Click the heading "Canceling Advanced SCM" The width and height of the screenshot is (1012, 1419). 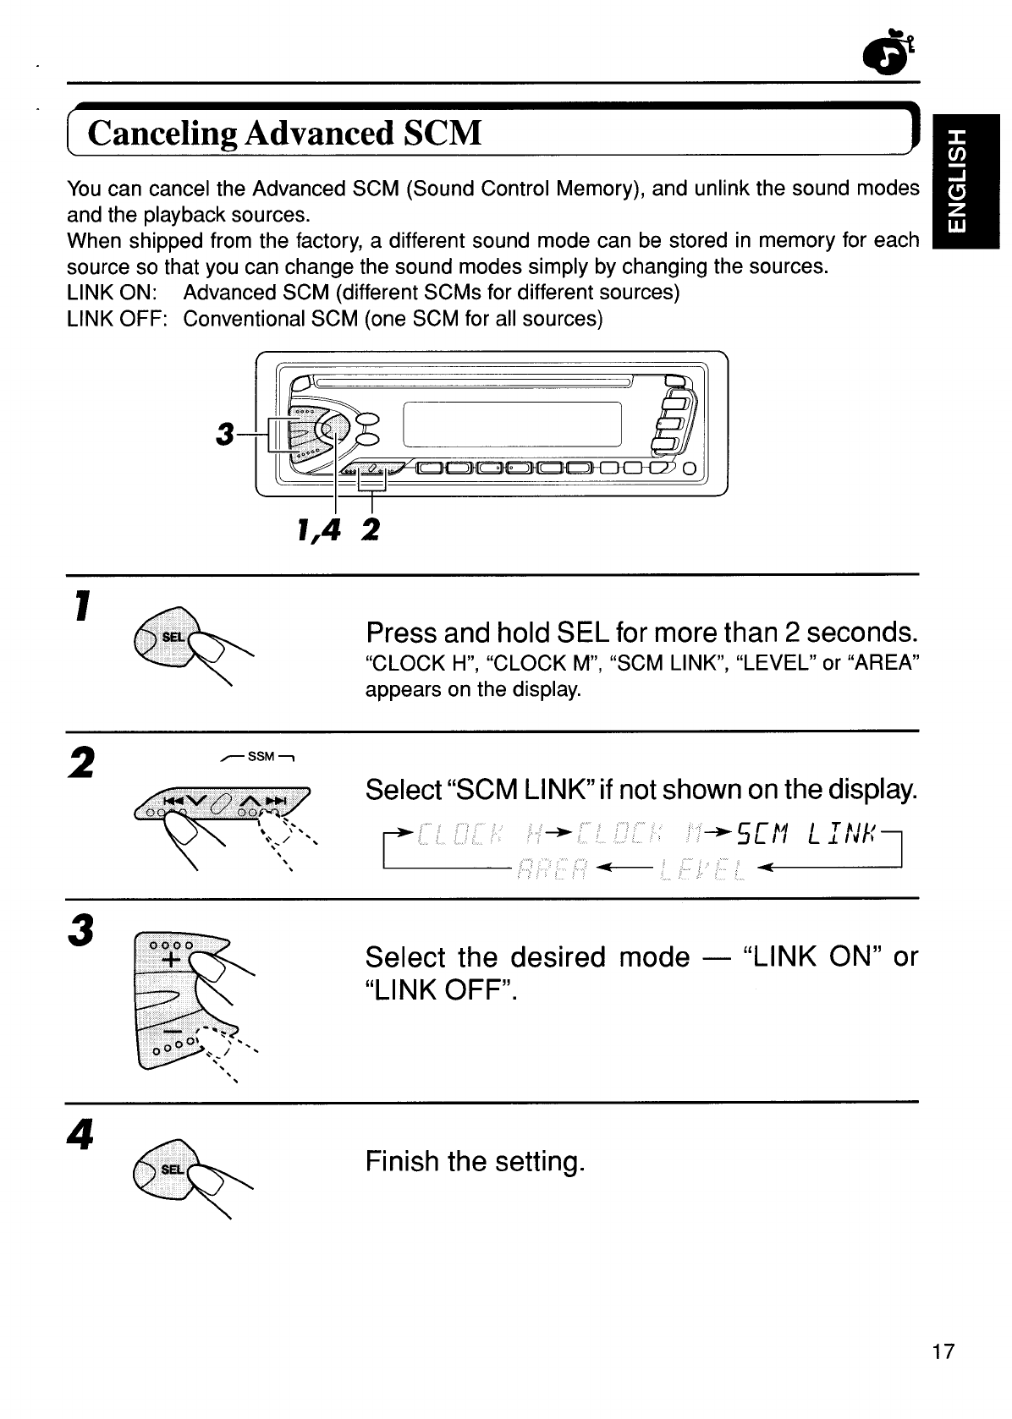click(284, 134)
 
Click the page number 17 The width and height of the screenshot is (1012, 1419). click(943, 1351)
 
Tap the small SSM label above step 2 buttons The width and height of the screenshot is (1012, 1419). click(261, 755)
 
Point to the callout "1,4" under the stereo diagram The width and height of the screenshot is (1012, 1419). click(319, 530)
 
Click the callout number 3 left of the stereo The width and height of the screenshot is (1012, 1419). click(224, 434)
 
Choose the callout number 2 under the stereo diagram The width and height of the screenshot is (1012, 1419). click(370, 530)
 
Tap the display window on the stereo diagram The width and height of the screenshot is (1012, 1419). click(513, 424)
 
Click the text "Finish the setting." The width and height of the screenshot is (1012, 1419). click(475, 1161)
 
